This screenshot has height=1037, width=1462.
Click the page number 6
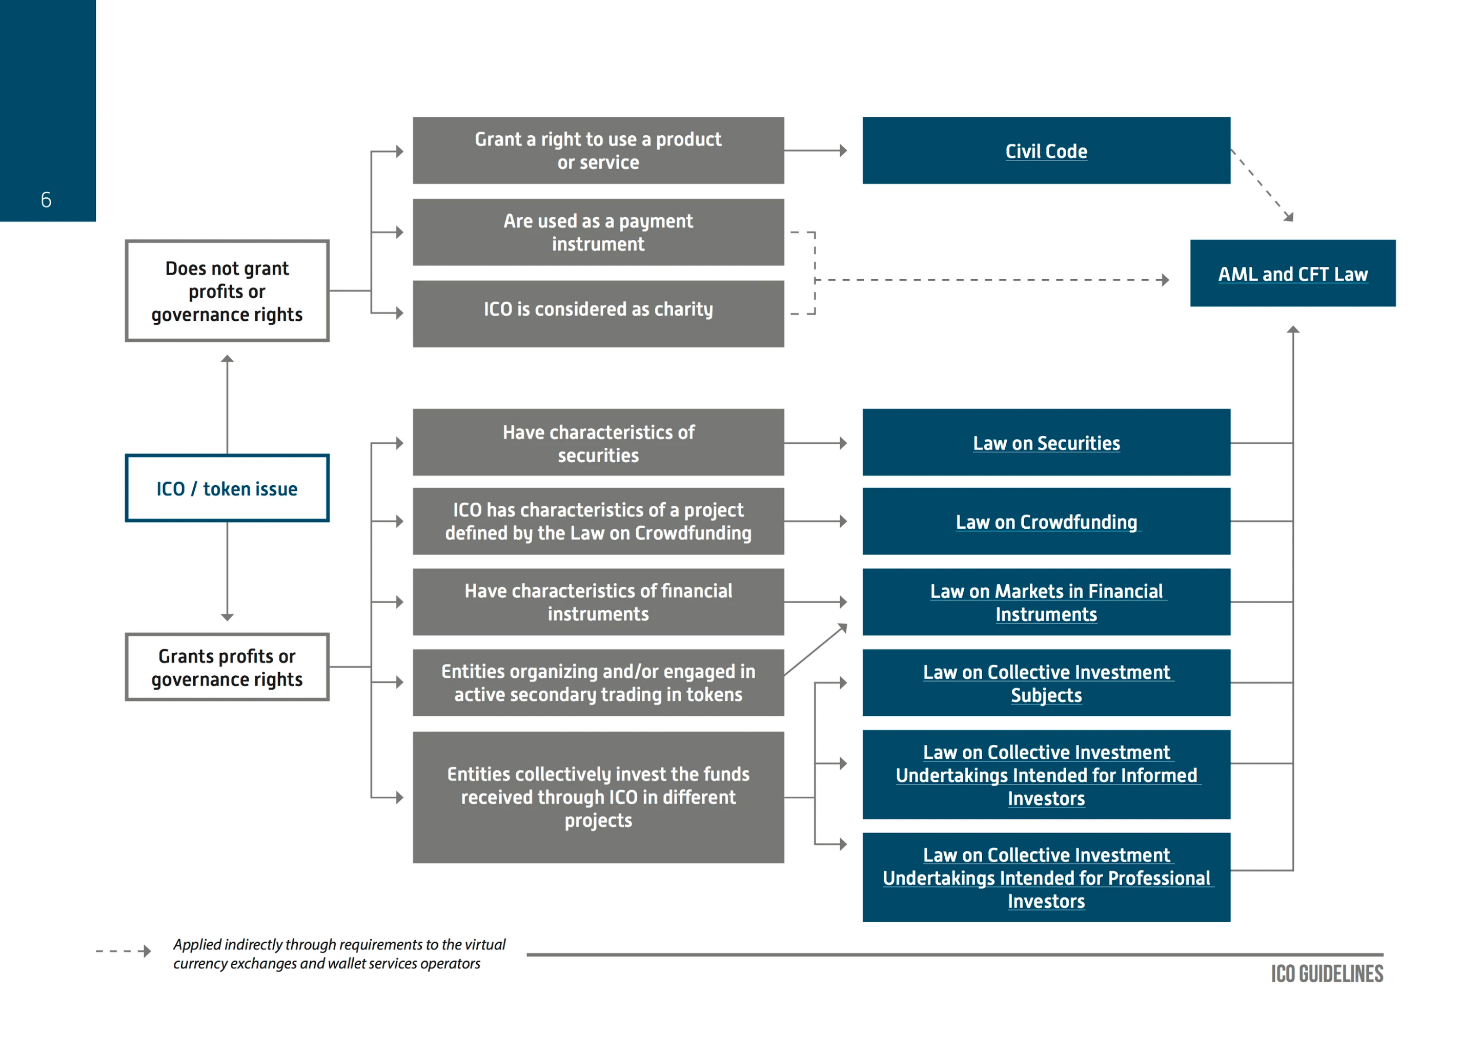[x=46, y=200]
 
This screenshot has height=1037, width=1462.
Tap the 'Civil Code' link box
[x=1046, y=151]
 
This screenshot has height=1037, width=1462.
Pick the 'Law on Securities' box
[x=1046, y=443]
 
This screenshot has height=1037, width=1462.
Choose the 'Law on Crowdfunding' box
[x=1046, y=521]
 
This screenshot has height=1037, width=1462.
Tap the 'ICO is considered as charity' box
[x=598, y=314]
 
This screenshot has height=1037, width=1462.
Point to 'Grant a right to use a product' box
[x=598, y=151]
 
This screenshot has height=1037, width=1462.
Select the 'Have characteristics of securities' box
[x=598, y=443]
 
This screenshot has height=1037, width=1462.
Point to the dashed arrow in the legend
[x=123, y=951]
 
